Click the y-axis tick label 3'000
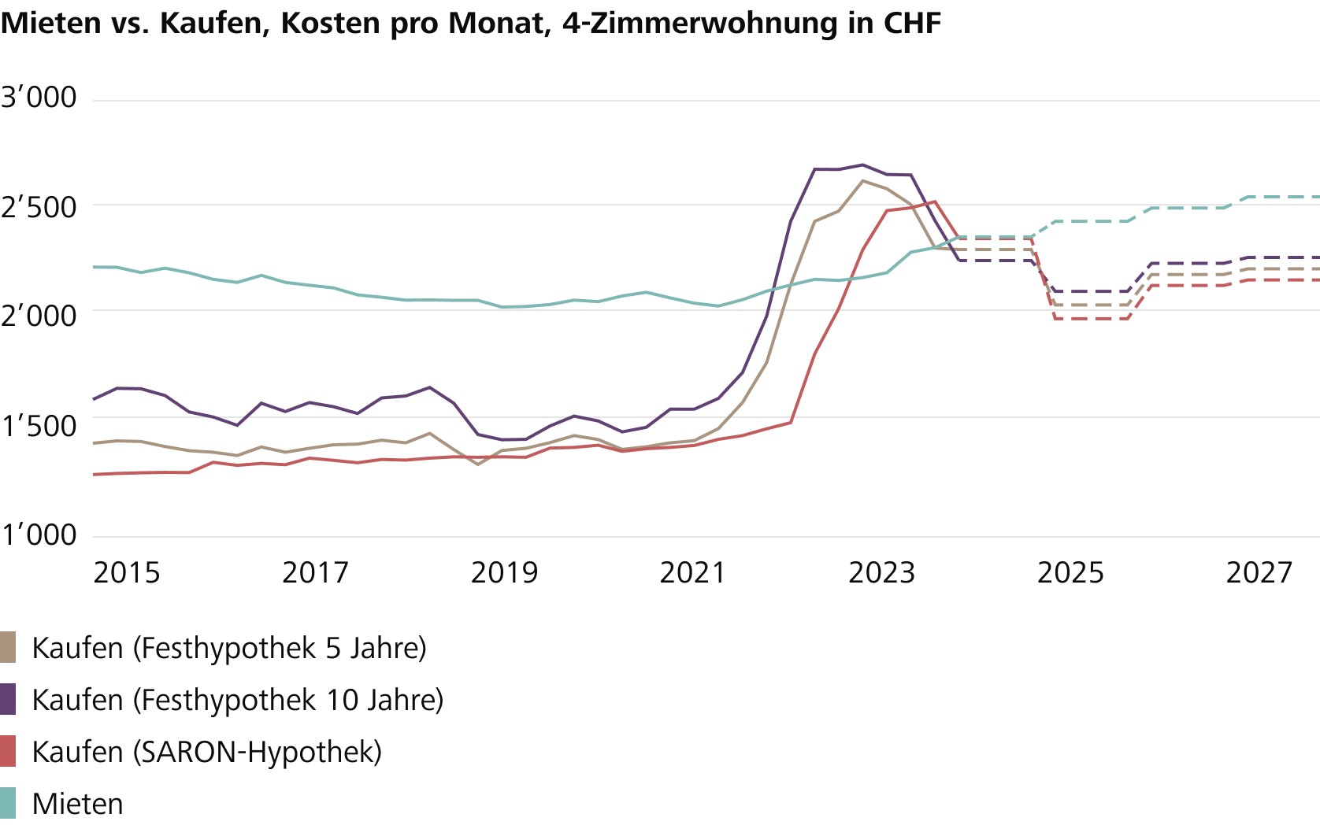[39, 98]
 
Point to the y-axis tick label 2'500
[39, 208]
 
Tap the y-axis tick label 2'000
[39, 316]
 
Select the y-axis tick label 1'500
[39, 426]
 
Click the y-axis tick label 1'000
[39, 535]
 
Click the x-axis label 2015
[126, 573]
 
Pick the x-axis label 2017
[315, 573]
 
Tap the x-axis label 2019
[504, 573]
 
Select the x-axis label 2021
[692, 573]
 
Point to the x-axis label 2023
[881, 573]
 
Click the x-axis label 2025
[1070, 573]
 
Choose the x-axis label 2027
[1259, 573]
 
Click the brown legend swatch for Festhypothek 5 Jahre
[8, 648]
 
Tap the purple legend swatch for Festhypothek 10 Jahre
[8, 699]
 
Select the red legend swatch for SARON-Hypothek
[8, 751]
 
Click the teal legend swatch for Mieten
[8, 803]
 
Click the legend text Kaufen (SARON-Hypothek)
[206, 752]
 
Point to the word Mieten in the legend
[77, 804]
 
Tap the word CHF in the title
[912, 24]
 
